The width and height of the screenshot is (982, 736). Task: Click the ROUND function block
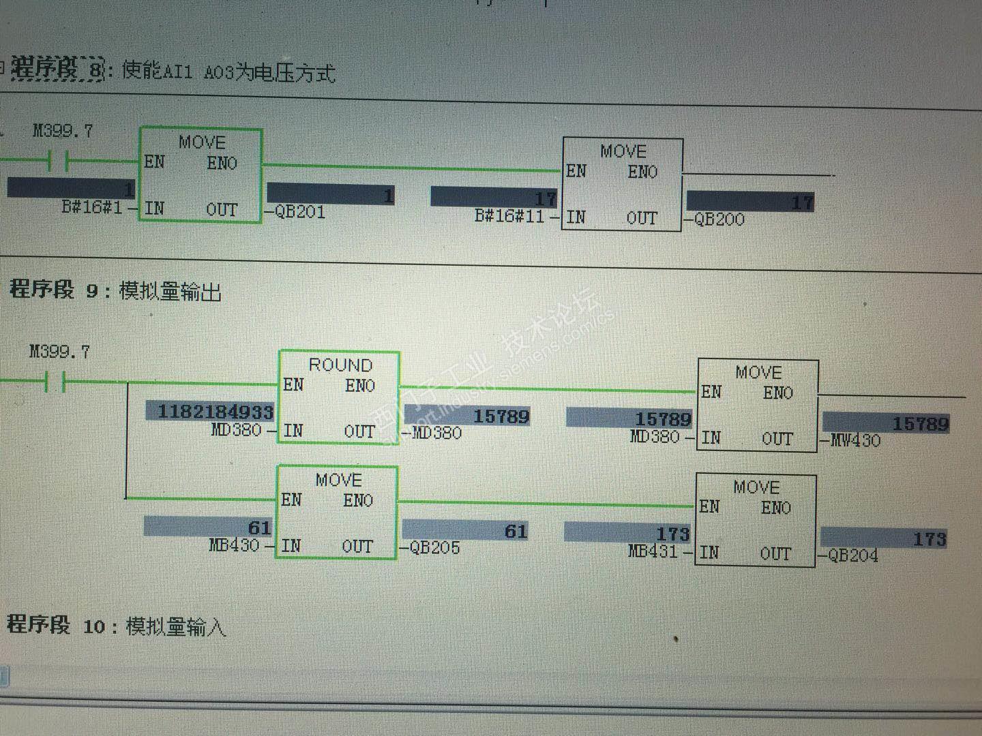coord(338,397)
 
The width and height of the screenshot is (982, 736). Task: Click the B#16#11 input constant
coord(509,217)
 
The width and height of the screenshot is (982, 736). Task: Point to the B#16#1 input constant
coord(92,206)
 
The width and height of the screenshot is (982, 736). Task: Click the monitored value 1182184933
coord(215,412)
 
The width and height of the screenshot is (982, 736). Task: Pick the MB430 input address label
coord(234,545)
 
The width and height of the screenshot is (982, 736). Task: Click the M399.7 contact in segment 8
coord(58,162)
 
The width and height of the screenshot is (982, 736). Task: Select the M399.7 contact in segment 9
coord(55,382)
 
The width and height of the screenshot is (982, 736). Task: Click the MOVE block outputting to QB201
coord(200,174)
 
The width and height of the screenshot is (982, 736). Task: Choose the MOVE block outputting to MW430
coord(757,405)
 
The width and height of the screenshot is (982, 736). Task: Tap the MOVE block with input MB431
coord(756,520)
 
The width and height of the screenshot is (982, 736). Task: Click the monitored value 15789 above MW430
coord(921,424)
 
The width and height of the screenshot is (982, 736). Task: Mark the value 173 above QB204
coord(929,539)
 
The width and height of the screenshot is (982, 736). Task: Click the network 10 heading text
coord(116,625)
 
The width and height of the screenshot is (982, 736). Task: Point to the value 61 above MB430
coord(259,527)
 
